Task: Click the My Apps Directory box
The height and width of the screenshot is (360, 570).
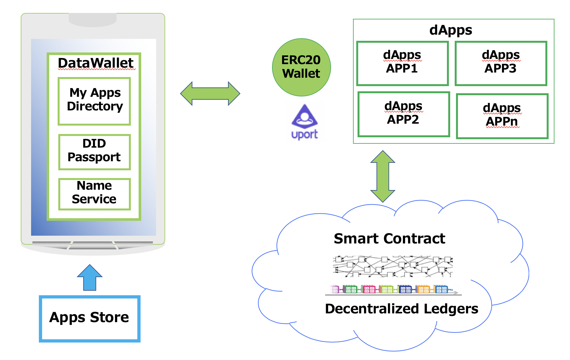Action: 94,101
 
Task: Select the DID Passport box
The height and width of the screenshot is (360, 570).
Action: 94,152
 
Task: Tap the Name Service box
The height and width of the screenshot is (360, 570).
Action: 94,194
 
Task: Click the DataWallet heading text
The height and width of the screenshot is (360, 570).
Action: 96,63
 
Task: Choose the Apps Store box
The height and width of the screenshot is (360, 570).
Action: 89,319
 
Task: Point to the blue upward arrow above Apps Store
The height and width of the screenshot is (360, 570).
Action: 90,278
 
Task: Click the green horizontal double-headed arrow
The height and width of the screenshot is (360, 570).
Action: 210,94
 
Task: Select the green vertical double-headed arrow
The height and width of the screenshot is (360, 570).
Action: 383,176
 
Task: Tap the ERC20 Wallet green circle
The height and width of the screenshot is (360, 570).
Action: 301,67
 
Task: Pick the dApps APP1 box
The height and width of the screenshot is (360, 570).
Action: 403,63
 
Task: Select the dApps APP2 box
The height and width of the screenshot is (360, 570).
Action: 404,114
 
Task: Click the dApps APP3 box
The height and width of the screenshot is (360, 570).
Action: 501,63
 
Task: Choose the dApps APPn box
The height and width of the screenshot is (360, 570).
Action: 502,116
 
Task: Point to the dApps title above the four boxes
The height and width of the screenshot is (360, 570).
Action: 450,30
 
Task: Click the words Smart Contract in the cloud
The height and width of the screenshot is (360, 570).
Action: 389,239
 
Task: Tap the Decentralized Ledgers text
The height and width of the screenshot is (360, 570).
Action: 402,309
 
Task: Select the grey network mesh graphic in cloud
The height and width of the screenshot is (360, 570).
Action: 393,266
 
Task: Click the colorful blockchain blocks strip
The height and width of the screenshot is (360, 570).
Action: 393,289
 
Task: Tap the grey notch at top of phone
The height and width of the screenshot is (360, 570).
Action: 93,19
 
